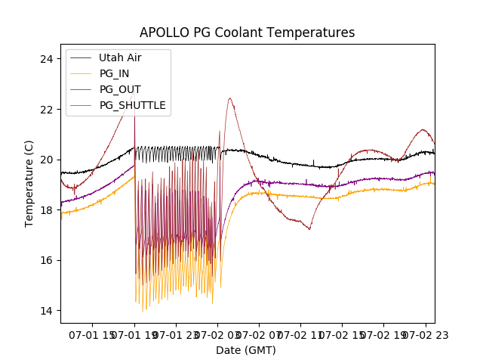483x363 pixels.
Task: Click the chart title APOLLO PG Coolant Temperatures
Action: tap(247, 33)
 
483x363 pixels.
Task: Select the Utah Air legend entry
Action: tap(119, 57)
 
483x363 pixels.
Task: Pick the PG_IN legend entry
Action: tap(114, 73)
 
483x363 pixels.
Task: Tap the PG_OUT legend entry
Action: tap(119, 89)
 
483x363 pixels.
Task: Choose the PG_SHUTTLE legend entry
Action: tap(132, 105)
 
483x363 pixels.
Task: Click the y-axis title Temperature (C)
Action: tap(29, 183)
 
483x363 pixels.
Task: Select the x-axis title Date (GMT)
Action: tap(246, 350)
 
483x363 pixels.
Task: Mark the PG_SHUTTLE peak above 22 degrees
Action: tap(229, 98)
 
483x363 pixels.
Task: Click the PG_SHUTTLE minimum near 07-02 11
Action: tap(309, 229)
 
